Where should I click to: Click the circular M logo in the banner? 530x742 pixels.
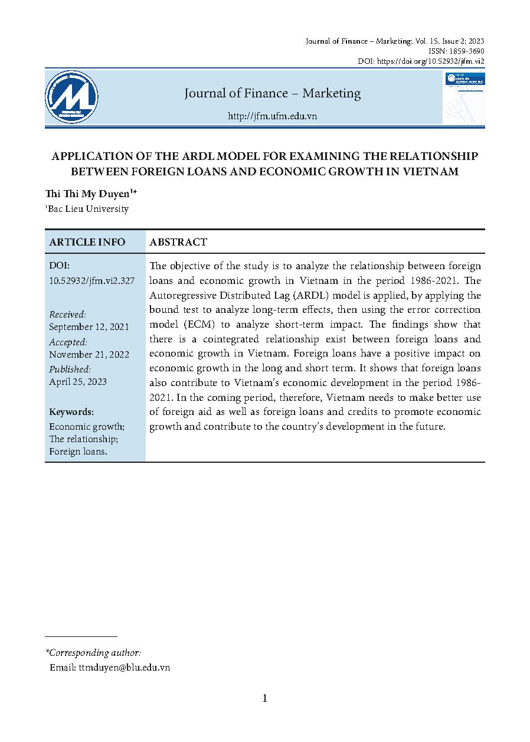(72, 97)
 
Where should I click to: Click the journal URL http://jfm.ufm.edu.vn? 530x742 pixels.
(272, 116)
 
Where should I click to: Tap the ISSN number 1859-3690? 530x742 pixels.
(466, 51)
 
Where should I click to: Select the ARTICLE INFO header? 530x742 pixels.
(87, 242)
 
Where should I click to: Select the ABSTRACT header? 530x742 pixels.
(178, 242)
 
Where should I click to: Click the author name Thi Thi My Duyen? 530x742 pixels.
(92, 195)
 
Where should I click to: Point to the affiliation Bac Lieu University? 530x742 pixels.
(89, 208)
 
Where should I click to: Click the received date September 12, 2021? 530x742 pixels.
(89, 327)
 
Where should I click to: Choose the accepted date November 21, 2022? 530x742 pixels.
(89, 355)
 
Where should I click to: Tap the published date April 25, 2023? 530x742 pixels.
(78, 382)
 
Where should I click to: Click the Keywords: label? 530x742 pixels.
(71, 412)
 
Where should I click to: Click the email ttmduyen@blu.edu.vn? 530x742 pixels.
(124, 667)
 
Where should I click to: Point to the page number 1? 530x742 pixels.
(265, 698)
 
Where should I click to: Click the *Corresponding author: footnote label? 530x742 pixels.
(93, 652)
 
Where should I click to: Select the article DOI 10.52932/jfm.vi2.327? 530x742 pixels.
(92, 281)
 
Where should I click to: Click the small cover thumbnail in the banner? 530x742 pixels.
(464, 97)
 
